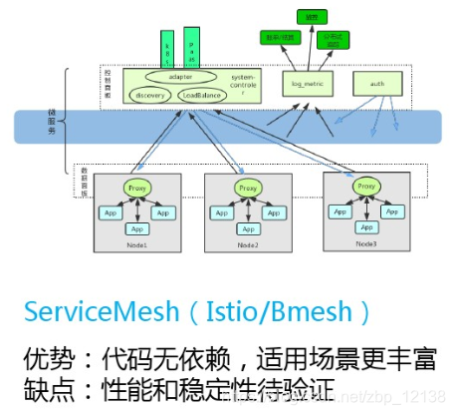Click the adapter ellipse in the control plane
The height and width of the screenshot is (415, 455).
pos(180,77)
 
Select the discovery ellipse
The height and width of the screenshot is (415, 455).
pos(151,96)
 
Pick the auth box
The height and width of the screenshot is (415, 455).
pos(376,84)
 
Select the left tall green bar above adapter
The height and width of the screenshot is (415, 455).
pos(168,49)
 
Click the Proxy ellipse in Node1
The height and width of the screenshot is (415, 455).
pos(137,188)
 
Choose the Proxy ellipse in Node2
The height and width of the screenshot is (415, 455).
pos(248,188)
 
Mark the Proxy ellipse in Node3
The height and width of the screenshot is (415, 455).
pos(366,187)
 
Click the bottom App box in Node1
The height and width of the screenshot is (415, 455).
pos(137,228)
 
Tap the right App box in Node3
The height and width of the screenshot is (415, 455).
pos(393,211)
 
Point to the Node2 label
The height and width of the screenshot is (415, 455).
pos(247,245)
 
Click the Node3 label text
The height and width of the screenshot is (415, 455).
pos(366,244)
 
